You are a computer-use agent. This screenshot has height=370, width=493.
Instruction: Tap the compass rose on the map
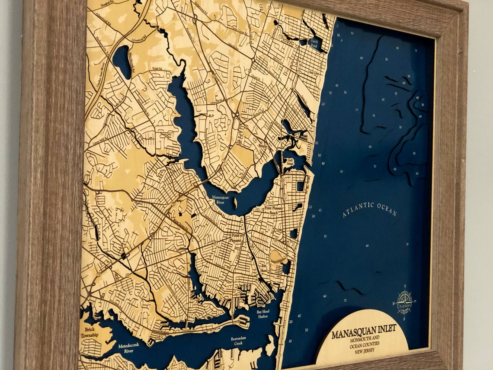[405, 302]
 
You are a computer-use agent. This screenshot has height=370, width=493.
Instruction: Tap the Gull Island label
[290, 162]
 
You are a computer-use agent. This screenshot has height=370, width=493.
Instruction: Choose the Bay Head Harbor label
[263, 314]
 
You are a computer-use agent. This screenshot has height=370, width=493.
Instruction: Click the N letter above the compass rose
[405, 286]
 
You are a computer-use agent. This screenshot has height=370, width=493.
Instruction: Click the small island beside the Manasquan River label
[235, 202]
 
